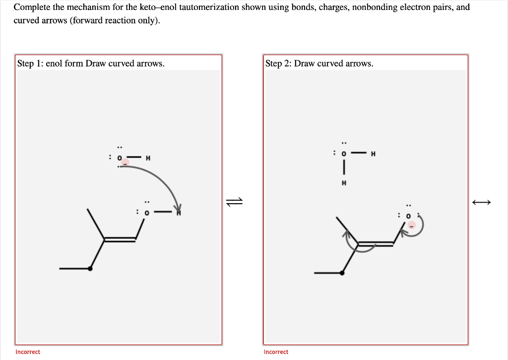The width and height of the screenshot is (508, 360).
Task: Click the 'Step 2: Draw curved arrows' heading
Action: (x=319, y=63)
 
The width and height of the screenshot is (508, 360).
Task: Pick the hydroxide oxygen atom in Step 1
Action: (x=119, y=158)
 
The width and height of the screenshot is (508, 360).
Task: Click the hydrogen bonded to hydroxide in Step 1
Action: (x=148, y=158)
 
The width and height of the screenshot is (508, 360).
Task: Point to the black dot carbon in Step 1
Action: (x=90, y=269)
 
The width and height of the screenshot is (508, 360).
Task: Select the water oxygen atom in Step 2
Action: (x=343, y=153)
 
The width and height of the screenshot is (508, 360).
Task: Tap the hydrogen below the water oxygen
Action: (x=343, y=182)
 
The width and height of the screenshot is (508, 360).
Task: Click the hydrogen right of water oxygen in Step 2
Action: (x=373, y=153)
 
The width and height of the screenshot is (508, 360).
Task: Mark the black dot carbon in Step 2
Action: (x=342, y=273)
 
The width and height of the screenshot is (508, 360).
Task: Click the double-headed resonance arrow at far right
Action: (x=481, y=202)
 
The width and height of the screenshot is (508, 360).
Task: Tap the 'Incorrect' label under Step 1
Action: (x=28, y=352)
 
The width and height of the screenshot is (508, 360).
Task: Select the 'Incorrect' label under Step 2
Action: (x=276, y=352)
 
